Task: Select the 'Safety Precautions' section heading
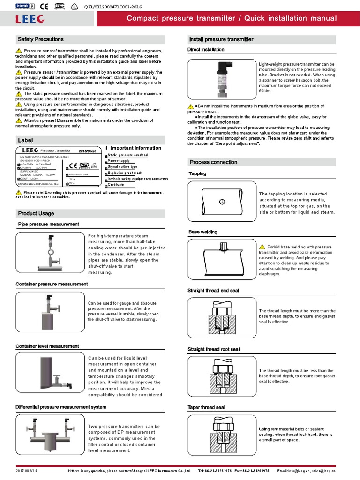pyautogui.click(x=40, y=39)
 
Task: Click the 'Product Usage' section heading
pyautogui.click(x=36, y=213)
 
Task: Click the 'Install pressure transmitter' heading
pyautogui.click(x=221, y=39)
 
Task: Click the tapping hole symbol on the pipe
pyautogui.click(x=222, y=202)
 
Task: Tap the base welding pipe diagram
pyautogui.click(x=222, y=260)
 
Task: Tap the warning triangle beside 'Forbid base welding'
pyautogui.click(x=262, y=247)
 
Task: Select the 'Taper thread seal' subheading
pyautogui.click(x=207, y=407)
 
